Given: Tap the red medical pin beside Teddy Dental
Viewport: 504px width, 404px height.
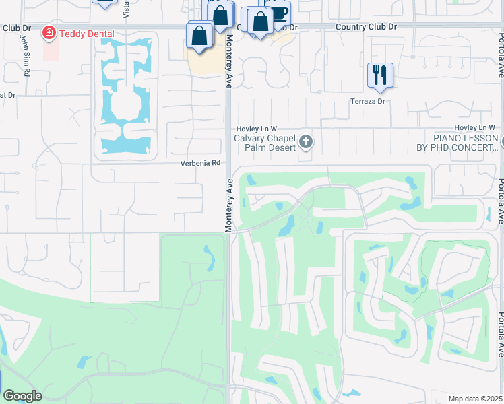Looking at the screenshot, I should pos(49,32).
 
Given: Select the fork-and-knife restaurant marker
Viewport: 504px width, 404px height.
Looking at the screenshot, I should pos(380,75).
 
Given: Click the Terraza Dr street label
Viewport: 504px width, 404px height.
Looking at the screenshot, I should pos(367,101).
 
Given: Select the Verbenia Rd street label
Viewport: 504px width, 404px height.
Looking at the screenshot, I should pos(200,163).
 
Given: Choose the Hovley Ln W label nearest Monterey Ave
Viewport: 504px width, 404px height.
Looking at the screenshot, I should pos(256,128).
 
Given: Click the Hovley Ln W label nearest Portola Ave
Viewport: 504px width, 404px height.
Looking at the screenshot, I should pos(474,127).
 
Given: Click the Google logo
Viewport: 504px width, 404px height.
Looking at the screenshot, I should pos(22,396).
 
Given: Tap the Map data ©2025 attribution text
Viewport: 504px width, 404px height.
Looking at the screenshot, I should pos(475,399).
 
